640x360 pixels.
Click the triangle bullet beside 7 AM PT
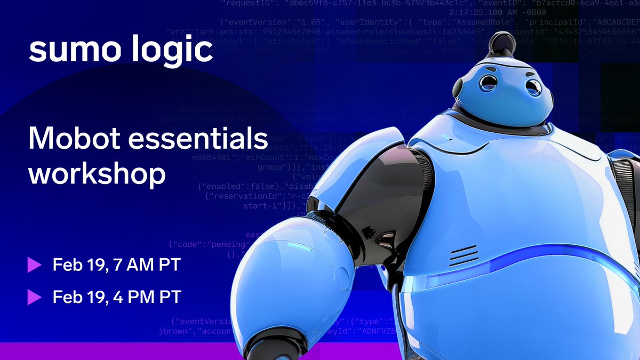pos(35,264)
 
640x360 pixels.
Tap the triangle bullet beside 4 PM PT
pos(35,297)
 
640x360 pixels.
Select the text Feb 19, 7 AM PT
pos(117,264)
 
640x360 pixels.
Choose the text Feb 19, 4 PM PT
pos(117,297)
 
